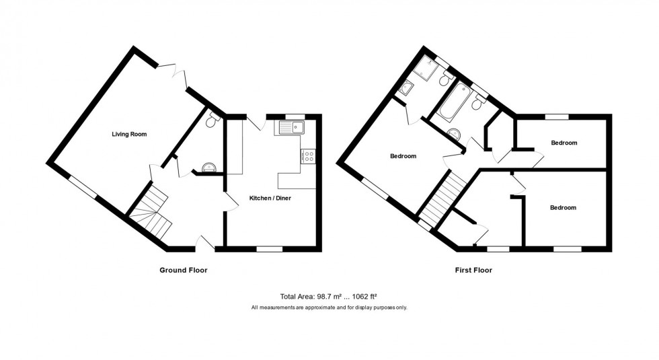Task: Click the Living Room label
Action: (129, 134)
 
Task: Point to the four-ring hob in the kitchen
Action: (308, 156)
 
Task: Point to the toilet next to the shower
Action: (444, 80)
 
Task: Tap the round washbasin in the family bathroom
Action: (455, 133)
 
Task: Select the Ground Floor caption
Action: (183, 271)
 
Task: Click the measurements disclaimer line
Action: (329, 308)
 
